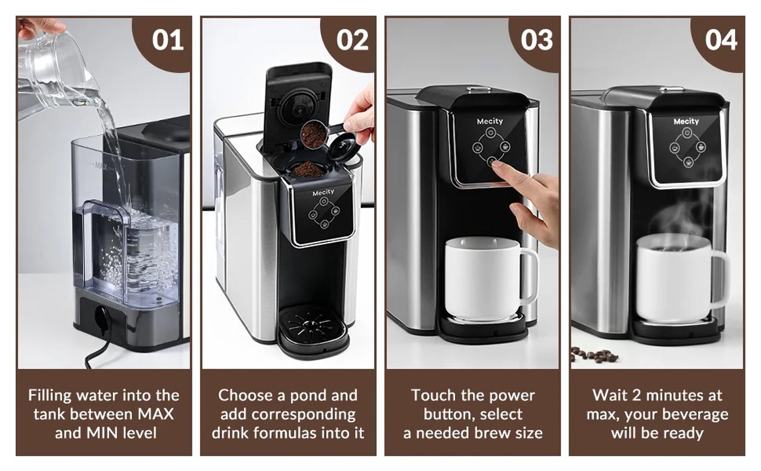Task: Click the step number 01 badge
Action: pyautogui.click(x=168, y=40)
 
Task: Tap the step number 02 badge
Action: pyautogui.click(x=351, y=40)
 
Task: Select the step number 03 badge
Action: pyautogui.click(x=537, y=40)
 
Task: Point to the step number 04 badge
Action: pyautogui.click(x=721, y=40)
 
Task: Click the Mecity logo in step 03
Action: pyautogui.click(x=490, y=121)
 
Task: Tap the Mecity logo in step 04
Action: pyautogui.click(x=686, y=121)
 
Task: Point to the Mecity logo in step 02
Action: pyautogui.click(x=323, y=193)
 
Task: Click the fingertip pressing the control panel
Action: pyautogui.click(x=496, y=165)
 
